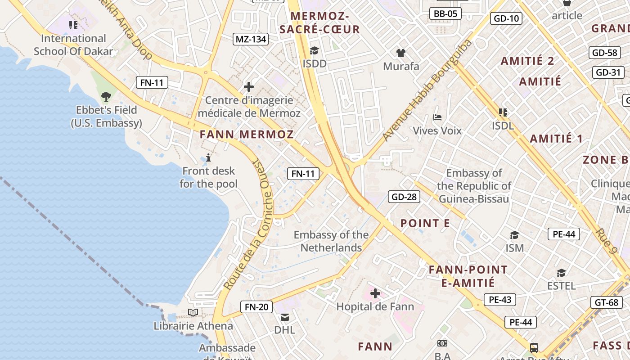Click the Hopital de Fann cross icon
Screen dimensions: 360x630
(375, 294)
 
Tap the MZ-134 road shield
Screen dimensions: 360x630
(251, 39)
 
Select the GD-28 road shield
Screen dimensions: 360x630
(404, 197)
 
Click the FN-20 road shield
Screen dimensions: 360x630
(256, 307)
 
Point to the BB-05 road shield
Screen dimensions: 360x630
(445, 13)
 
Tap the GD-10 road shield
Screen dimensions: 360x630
(507, 18)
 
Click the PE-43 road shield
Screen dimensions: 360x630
(500, 300)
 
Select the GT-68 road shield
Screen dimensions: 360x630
(607, 302)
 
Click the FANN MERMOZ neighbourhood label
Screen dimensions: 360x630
(247, 134)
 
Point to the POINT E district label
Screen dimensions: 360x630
(425, 223)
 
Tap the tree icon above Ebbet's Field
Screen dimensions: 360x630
(106, 96)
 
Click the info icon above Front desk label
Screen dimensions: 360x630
(208, 157)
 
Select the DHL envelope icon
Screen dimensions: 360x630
(285, 317)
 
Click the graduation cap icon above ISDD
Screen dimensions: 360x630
(314, 50)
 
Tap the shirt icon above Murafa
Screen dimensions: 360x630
(401, 53)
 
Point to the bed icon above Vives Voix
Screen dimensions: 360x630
(437, 117)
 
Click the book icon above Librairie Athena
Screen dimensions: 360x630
(193, 312)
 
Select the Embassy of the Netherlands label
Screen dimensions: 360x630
(331, 241)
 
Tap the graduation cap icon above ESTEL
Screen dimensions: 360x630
(561, 273)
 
